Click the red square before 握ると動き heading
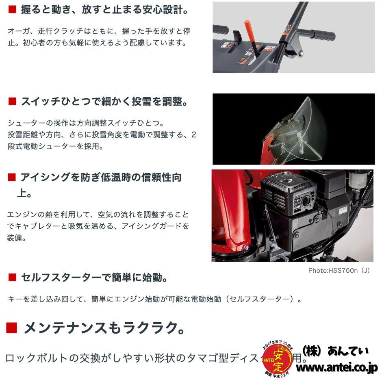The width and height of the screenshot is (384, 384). [12, 10]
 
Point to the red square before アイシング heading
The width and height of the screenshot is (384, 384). [12, 177]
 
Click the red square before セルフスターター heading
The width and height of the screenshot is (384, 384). [12, 278]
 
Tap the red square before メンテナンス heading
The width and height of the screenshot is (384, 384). [11, 328]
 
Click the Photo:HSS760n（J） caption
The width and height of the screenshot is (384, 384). [339, 271]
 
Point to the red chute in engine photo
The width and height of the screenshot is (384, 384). [230, 215]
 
